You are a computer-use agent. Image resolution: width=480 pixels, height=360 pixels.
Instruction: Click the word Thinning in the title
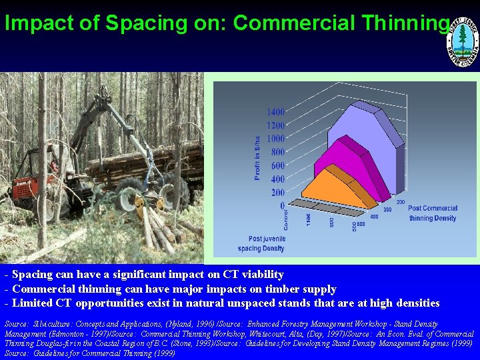pos(407,24)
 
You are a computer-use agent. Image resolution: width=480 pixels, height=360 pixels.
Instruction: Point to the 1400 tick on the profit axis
pos(275,112)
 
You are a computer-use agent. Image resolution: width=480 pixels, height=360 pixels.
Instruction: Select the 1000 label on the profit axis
pos(275,139)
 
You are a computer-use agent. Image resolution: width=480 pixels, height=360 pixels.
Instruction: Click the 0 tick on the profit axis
pos(282,205)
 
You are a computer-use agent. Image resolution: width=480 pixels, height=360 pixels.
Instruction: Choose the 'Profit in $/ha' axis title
pos(257,158)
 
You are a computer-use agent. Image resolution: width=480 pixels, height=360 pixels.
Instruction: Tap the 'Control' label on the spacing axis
pos(286,219)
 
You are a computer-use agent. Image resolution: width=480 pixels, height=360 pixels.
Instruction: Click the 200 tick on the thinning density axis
pos(401,201)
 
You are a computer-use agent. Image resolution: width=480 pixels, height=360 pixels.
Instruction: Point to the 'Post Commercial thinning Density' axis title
pos(432,213)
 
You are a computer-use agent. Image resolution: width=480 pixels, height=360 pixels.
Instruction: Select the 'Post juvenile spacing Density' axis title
pos(266,243)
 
